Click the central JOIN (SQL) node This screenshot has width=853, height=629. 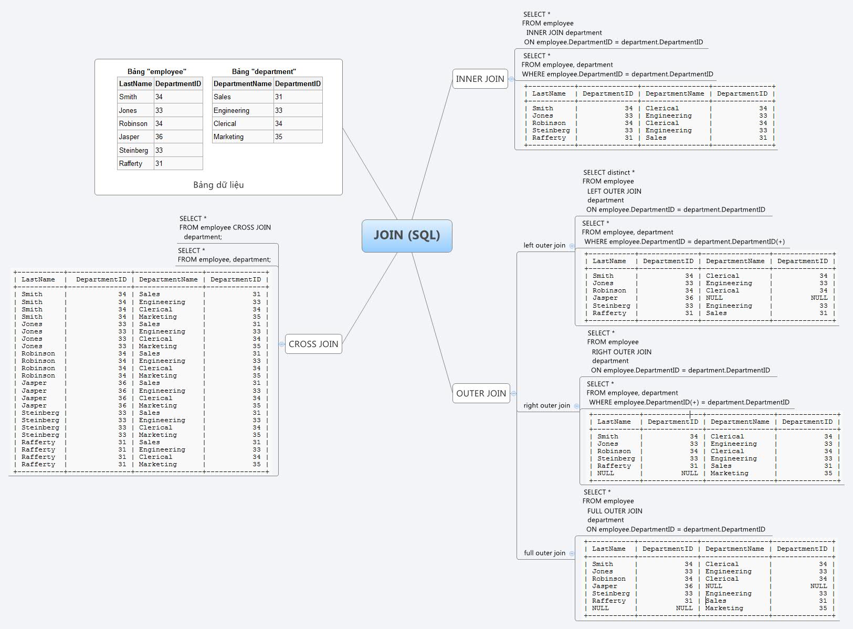coord(407,236)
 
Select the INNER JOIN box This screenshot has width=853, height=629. coord(480,79)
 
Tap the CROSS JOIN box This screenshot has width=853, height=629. coord(313,344)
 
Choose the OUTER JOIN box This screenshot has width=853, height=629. coord(481,393)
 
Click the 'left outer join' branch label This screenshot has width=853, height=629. coord(544,245)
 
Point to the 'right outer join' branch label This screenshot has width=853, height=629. coord(546,405)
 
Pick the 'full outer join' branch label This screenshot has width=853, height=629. coord(544,553)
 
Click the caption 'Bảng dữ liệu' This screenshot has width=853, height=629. coord(218,185)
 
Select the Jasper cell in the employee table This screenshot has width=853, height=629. coord(129,137)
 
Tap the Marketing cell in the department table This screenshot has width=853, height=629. coord(228,137)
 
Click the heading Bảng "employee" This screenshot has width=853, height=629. coord(157,71)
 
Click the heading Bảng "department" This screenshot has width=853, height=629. coord(264,71)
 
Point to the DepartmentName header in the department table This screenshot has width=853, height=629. coord(243,83)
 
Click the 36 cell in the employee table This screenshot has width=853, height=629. coord(159,137)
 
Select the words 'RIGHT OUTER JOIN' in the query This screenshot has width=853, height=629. coord(622,352)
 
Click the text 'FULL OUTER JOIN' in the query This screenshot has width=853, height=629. coord(615,511)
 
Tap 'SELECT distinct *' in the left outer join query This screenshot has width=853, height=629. coord(609,172)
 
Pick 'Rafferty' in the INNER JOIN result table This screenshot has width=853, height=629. coord(549,138)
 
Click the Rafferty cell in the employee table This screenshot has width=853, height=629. coord(131,163)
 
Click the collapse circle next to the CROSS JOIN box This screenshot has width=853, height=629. coord(282,344)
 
